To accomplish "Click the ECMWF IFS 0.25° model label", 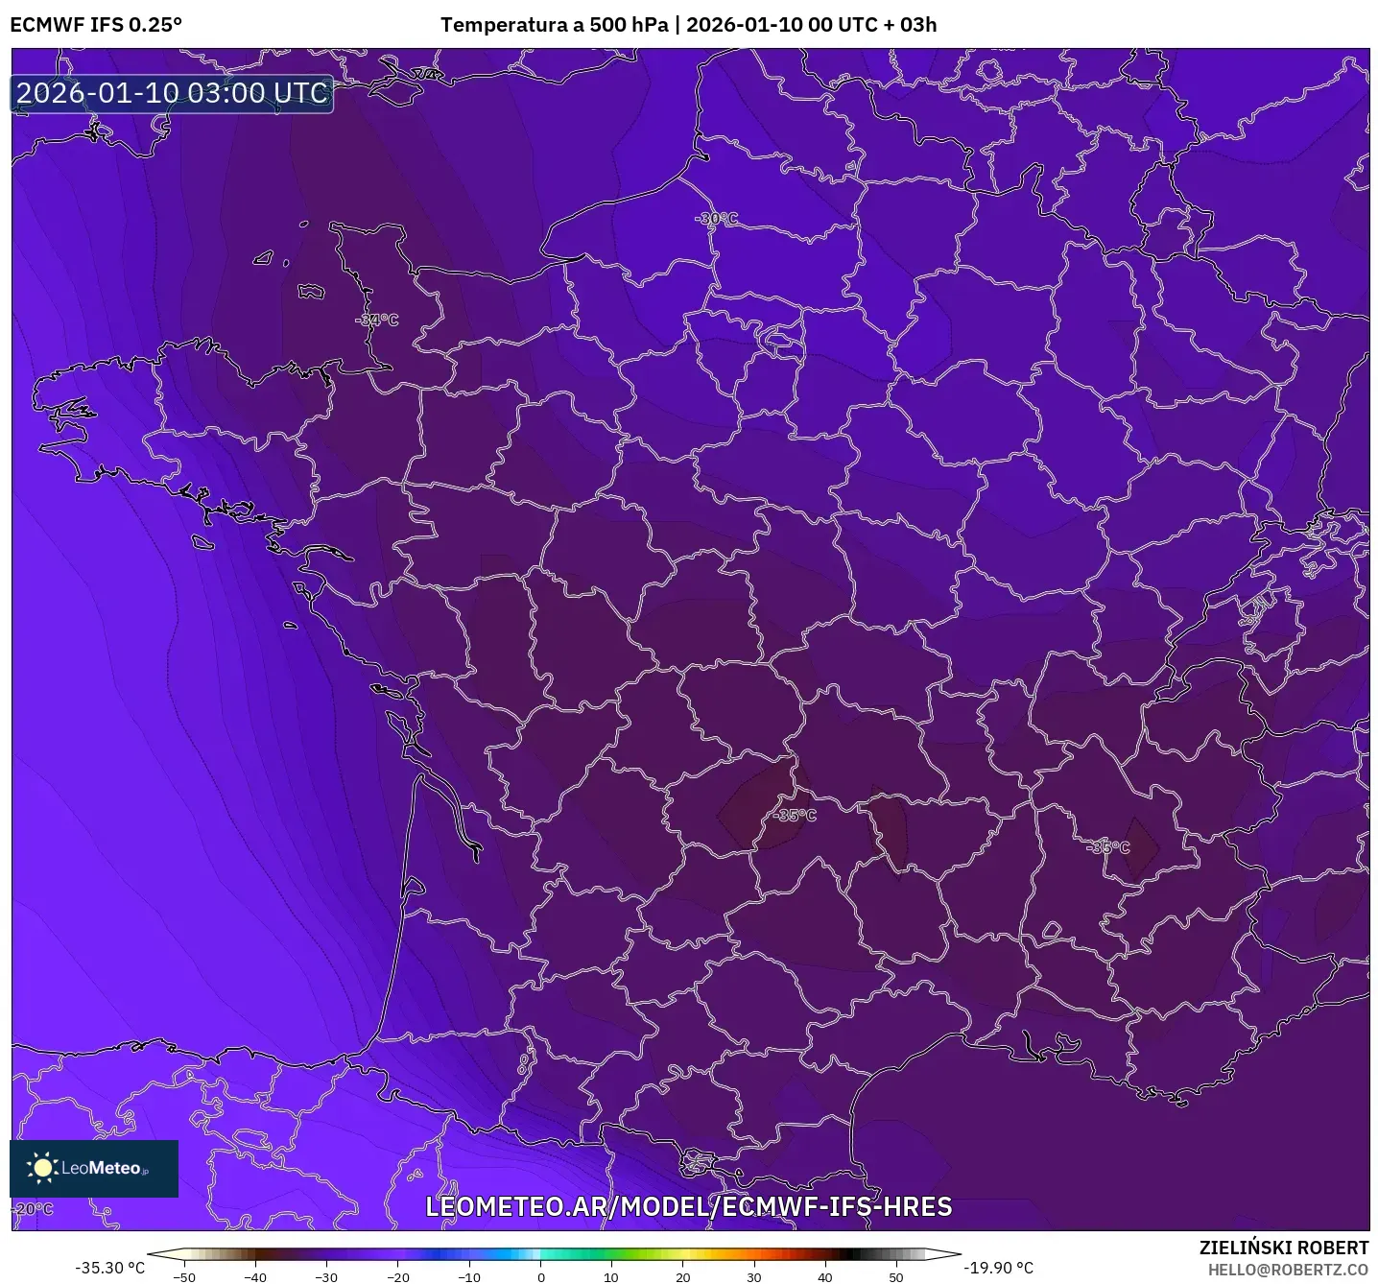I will point(96,25).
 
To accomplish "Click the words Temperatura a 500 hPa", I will point(554,25).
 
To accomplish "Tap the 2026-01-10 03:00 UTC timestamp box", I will point(172,93).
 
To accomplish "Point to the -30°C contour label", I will point(717,219).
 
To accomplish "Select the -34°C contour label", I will point(377,320).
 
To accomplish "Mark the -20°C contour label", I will point(34,1209).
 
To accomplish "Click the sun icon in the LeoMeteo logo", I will point(42,1168).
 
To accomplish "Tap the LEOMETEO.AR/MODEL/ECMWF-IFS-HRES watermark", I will point(688,1207).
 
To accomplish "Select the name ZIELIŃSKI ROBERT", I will point(1284,1248).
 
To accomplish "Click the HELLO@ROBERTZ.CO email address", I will point(1288,1270).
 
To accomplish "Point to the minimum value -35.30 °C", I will point(110,1268).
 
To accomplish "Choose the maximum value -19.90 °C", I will point(999,1268).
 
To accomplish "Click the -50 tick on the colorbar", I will point(184,1276).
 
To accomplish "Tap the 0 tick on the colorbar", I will point(540,1276).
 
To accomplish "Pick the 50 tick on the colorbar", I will point(896,1276).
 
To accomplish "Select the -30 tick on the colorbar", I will point(326,1276).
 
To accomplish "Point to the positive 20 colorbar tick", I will point(682,1276).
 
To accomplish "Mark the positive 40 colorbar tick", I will point(825,1276).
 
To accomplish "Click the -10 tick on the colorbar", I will point(468,1276).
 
